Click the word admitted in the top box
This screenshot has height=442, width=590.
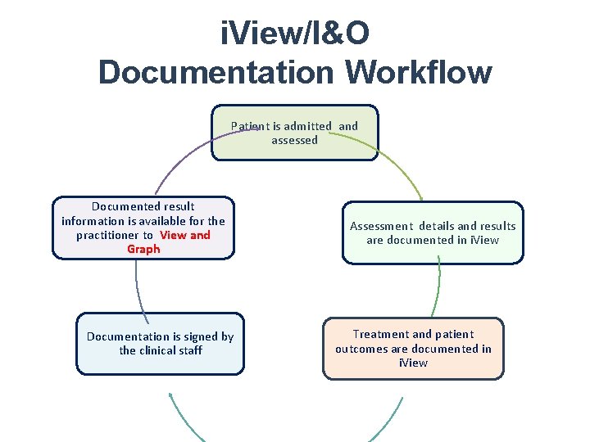coord(307,126)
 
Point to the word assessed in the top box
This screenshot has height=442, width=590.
coord(294,140)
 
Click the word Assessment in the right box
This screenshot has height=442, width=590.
coord(382,226)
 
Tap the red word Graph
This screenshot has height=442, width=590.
coord(143,249)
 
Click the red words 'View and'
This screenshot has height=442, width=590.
coord(185,235)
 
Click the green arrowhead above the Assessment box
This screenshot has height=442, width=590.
coord(419,196)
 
